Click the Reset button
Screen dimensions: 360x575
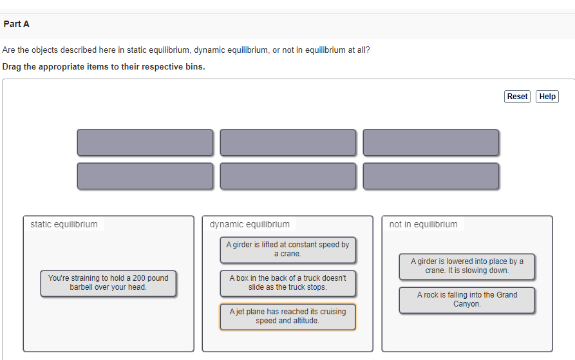(x=517, y=97)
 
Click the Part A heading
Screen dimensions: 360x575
(x=16, y=24)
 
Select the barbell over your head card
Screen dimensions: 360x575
(x=108, y=283)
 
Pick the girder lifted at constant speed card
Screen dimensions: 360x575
(x=288, y=249)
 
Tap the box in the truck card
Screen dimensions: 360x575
(x=288, y=283)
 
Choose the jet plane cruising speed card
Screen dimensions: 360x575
(x=288, y=316)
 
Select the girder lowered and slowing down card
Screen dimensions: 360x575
(x=467, y=266)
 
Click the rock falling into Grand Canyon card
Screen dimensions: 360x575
(x=467, y=299)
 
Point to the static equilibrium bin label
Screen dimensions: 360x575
(x=64, y=224)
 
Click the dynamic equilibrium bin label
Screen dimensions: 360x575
(x=250, y=224)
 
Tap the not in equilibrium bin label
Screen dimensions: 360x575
(x=423, y=224)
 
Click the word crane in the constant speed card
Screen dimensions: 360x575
(x=290, y=254)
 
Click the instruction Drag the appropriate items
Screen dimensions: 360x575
(x=104, y=67)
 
